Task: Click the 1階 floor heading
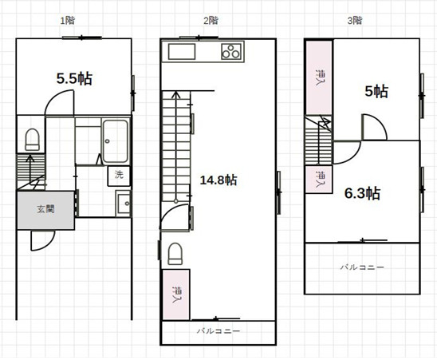(68, 21)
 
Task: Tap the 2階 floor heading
(211, 21)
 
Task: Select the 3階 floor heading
(355, 21)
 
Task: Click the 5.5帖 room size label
(74, 78)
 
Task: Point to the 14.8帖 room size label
(218, 180)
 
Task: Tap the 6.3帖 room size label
(362, 193)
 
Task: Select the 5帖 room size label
(376, 91)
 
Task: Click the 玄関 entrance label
(45, 209)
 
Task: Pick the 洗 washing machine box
(119, 176)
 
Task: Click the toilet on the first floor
(33, 140)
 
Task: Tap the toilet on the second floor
(175, 253)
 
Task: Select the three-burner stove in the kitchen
(231, 51)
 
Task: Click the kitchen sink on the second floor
(182, 51)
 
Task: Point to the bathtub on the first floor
(116, 141)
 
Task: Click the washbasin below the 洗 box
(123, 204)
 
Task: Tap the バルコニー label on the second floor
(218, 331)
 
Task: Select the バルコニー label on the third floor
(362, 267)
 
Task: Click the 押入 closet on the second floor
(176, 295)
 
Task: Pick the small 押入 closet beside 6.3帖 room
(319, 179)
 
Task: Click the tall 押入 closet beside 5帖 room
(319, 77)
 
